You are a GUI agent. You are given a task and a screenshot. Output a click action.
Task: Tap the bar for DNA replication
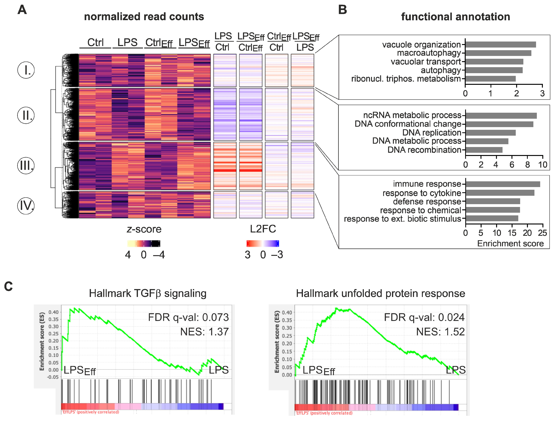(491, 133)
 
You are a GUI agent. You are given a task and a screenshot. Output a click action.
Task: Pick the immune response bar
(503, 184)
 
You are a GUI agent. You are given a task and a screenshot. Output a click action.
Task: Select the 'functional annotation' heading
(455, 17)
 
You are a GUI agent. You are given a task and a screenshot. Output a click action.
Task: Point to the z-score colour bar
(144, 243)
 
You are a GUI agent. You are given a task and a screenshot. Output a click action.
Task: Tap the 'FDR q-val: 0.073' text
(188, 317)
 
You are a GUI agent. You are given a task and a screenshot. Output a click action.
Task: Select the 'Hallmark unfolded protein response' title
(380, 293)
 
